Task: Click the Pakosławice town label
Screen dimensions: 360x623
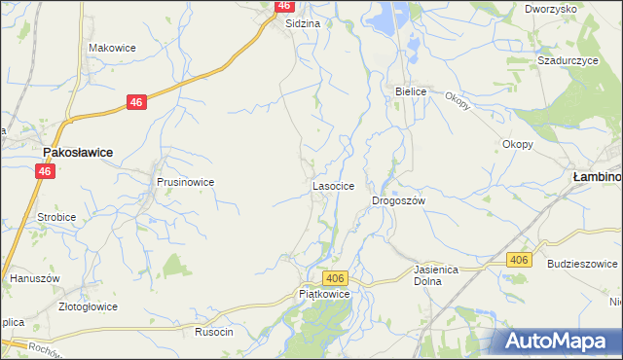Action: [x=77, y=153]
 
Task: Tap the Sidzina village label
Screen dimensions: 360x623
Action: [x=303, y=23]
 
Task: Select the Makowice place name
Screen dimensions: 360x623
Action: [x=112, y=48]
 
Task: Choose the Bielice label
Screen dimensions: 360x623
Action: [x=411, y=91]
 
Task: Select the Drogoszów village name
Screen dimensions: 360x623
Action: [x=399, y=200]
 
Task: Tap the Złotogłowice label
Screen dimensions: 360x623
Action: [x=89, y=306]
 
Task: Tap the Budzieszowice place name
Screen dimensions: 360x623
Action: [x=583, y=264]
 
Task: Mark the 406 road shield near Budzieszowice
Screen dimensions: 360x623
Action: [x=519, y=259]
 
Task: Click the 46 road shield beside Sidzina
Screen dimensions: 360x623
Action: [x=284, y=6]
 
